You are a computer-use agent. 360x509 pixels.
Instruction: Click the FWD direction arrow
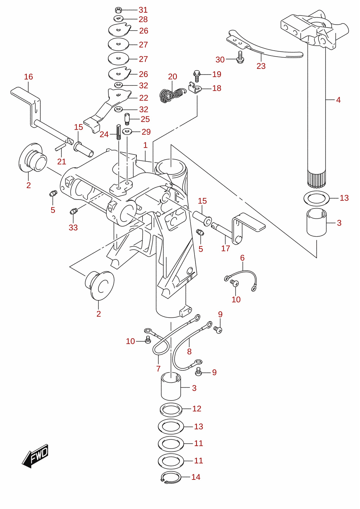click(35, 456)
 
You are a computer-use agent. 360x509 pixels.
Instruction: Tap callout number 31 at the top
click(143, 10)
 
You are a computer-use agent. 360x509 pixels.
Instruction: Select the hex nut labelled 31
click(118, 10)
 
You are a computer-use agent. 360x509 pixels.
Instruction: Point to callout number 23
click(261, 66)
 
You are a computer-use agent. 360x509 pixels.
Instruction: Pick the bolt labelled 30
click(240, 58)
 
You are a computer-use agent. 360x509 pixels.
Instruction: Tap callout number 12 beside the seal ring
click(197, 409)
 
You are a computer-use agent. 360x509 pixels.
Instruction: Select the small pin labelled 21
click(60, 147)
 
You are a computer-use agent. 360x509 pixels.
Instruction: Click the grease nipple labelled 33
click(73, 211)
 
